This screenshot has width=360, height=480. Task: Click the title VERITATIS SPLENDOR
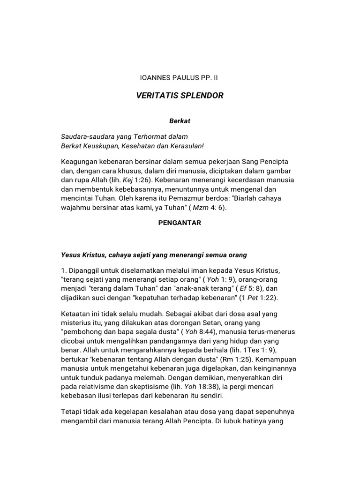pos(180,96)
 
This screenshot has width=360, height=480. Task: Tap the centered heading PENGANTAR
pos(180,223)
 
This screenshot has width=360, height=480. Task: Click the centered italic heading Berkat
pos(180,121)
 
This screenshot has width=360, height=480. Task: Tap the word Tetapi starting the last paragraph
pos(72,412)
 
